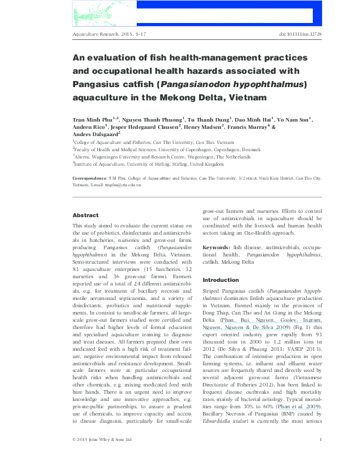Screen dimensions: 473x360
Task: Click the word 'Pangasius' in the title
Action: coord(100,83)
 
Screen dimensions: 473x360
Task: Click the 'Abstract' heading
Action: coord(85,215)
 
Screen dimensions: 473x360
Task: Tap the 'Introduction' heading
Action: coord(221,280)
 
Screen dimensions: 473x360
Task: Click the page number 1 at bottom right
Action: coord(320,456)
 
